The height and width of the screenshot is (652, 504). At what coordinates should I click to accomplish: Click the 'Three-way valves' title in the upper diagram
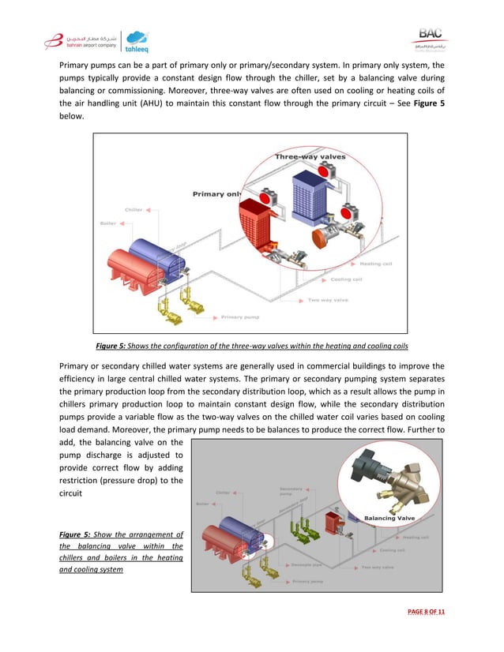(x=310, y=157)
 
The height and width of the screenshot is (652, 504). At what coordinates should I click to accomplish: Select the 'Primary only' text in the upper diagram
(x=220, y=193)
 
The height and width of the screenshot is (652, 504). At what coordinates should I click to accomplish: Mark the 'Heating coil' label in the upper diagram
(x=375, y=264)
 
